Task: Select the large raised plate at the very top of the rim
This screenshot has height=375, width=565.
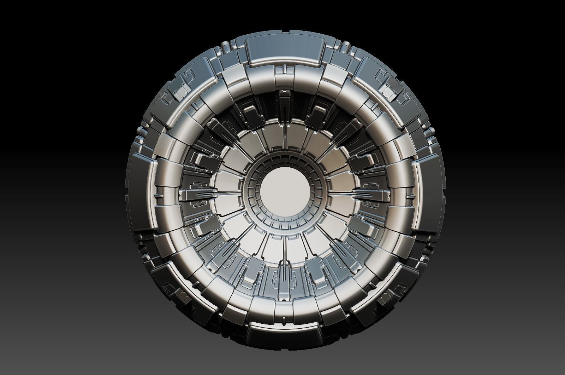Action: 285,52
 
